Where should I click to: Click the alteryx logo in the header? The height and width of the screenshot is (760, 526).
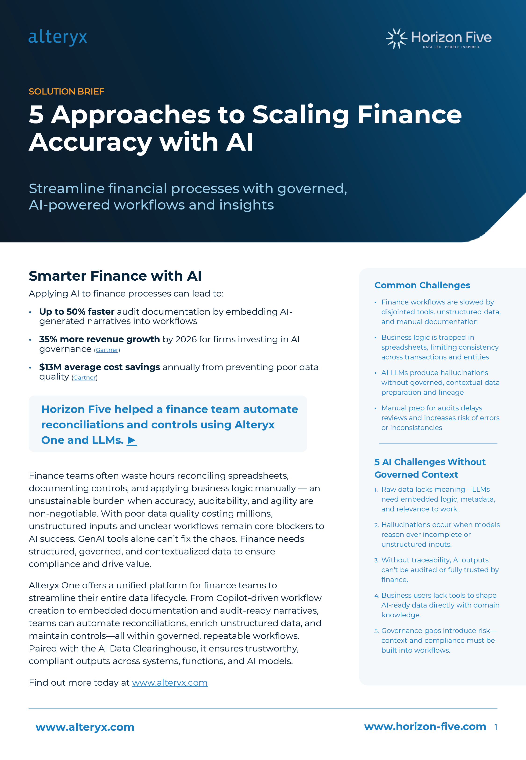click(58, 37)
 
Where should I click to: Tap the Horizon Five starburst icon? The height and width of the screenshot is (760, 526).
click(396, 38)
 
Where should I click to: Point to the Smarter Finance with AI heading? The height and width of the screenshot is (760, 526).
click(115, 276)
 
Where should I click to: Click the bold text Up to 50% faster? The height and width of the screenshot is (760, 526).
click(76, 311)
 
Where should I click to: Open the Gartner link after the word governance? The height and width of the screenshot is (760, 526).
click(107, 350)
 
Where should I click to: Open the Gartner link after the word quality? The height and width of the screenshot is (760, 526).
click(84, 378)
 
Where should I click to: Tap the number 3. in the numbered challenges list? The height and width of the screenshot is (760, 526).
click(376, 560)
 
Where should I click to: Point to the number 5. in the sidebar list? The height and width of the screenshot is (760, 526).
click(376, 631)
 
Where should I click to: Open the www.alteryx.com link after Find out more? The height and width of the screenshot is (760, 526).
click(169, 683)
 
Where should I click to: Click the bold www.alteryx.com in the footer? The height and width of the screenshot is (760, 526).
click(85, 727)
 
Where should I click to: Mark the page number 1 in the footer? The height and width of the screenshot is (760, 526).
click(496, 727)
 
